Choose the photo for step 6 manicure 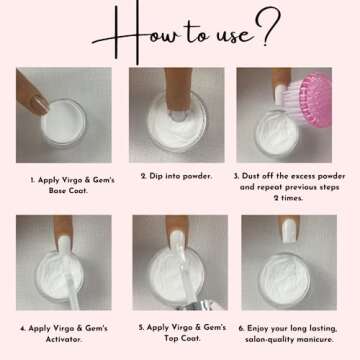tap(287, 262)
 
